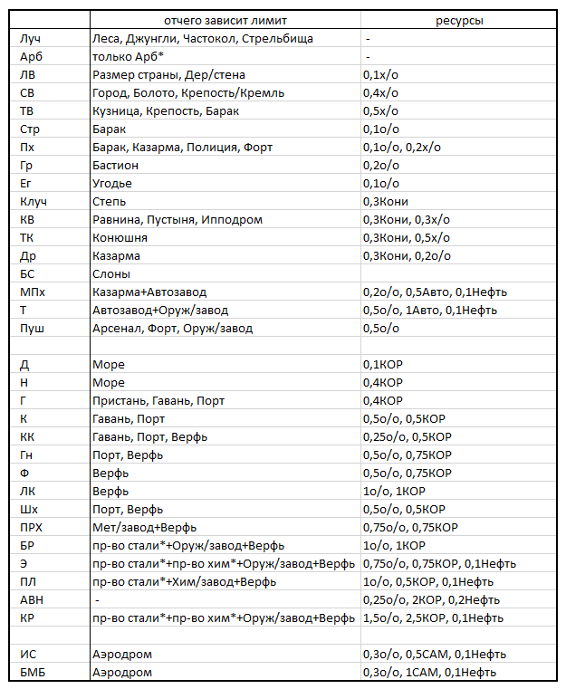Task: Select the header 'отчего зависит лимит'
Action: click(225, 20)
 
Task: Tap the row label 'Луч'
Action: click(30, 38)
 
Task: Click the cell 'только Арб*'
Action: click(128, 56)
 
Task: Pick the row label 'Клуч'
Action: click(34, 201)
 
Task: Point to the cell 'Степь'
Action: click(110, 201)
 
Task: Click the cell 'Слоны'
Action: click(111, 273)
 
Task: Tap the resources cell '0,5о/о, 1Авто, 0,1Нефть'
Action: click(429, 310)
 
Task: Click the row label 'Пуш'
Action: click(32, 328)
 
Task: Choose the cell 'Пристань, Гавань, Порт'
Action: click(158, 400)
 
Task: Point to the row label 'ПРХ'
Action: click(32, 527)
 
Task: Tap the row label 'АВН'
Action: click(32, 599)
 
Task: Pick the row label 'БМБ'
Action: click(32, 672)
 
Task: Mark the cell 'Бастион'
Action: click(116, 165)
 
